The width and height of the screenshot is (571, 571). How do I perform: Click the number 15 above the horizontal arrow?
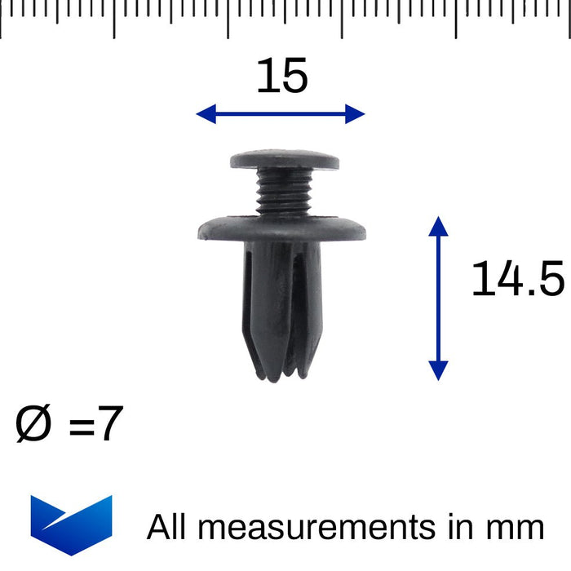point(282,77)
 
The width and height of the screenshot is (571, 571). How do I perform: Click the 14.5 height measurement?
point(517,280)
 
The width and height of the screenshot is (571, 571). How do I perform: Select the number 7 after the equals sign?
point(110,426)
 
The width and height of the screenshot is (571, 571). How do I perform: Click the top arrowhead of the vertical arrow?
point(438,226)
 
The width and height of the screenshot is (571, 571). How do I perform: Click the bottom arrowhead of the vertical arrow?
point(438,370)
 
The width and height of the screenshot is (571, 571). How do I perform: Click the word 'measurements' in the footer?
point(317,527)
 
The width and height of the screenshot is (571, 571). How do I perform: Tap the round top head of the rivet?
point(284,160)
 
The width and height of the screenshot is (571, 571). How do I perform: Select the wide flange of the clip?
point(281,228)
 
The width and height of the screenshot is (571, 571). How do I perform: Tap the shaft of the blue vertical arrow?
point(438,298)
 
